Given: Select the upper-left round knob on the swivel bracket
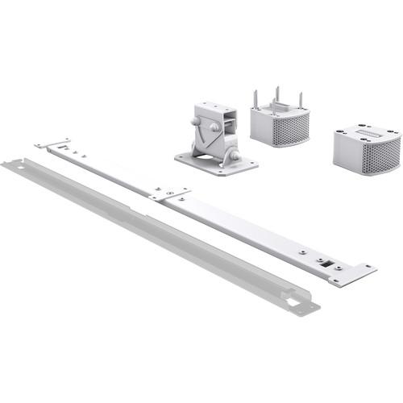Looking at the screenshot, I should (197, 122).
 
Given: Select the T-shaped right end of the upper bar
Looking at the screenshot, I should (352, 272).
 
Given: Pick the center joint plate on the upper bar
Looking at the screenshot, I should (168, 194).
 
